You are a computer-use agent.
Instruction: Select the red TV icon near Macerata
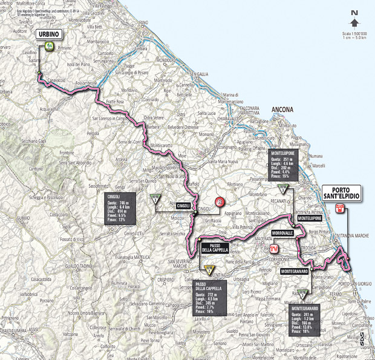(x=274, y=247)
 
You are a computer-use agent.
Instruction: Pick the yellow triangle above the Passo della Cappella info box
(x=209, y=270)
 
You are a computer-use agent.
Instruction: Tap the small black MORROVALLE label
(x=282, y=232)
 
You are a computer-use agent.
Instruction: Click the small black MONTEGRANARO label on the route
(x=296, y=272)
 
